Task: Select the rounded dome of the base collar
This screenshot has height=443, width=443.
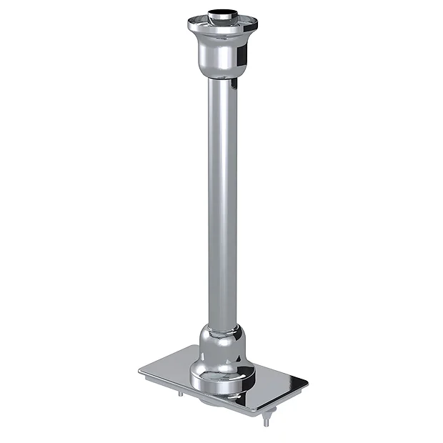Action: (221, 347)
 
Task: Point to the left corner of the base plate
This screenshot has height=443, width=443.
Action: (141, 371)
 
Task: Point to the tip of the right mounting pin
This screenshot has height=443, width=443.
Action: (266, 424)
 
